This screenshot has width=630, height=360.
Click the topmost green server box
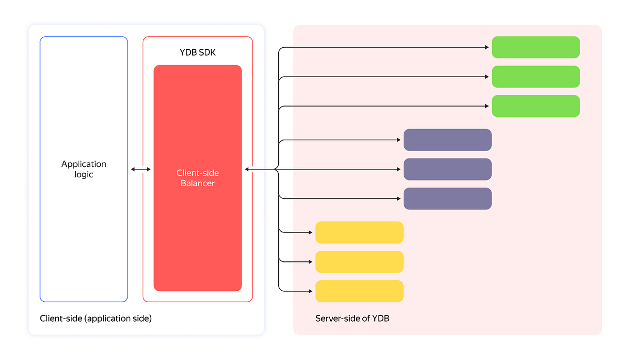(x=535, y=47)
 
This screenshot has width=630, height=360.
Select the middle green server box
(x=535, y=77)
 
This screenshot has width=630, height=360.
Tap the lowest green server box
(x=535, y=106)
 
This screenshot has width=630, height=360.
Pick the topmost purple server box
(x=447, y=140)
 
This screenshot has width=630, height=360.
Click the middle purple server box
(x=447, y=169)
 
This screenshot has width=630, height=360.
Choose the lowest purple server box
(x=447, y=198)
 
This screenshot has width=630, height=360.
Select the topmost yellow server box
(x=359, y=232)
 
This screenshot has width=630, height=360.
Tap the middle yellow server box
(x=359, y=261)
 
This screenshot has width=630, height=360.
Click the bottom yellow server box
(x=359, y=291)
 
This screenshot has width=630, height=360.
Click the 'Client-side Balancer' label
(x=197, y=178)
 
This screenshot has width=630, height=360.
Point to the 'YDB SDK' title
(x=197, y=52)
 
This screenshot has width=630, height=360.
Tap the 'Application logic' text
(x=83, y=169)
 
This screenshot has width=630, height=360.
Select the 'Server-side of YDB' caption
(x=352, y=319)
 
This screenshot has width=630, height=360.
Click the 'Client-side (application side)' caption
(x=96, y=319)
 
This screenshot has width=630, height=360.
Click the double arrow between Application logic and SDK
(x=140, y=169)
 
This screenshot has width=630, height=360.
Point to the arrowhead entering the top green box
(x=487, y=47)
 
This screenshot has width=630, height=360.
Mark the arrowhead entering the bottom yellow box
(x=310, y=291)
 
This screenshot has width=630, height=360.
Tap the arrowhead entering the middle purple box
(x=398, y=169)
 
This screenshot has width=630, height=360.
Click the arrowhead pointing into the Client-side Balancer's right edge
(x=247, y=169)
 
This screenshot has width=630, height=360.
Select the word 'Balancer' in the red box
(x=197, y=183)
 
